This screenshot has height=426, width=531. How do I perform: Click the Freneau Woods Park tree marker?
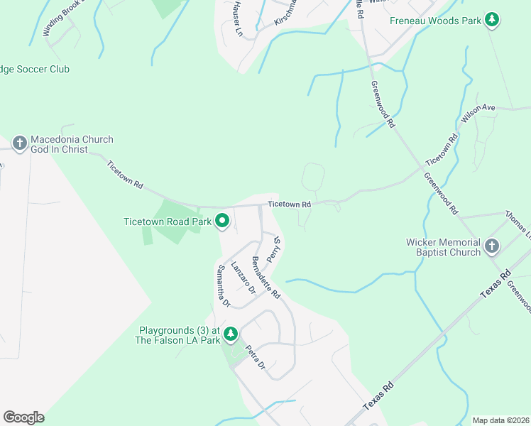pos(492,20)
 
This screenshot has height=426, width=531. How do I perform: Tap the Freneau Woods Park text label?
pos(435,20)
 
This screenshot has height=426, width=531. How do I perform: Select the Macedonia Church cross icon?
pos(20,144)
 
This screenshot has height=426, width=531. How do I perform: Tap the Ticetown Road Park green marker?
pos(221,222)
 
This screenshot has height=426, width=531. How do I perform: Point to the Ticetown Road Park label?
pos(168,222)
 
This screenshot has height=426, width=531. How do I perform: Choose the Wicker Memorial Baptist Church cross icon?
pos(491,247)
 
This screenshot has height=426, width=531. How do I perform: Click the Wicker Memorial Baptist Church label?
pos(443,247)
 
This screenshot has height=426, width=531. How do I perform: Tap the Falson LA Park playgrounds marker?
pos(230,334)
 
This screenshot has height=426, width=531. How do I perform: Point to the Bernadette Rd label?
pos(266,277)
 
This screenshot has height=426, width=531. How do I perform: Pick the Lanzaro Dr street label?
pos(243,273)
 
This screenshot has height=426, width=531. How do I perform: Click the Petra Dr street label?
pos(255,356)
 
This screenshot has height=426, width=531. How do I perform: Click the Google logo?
pos(23,417)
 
